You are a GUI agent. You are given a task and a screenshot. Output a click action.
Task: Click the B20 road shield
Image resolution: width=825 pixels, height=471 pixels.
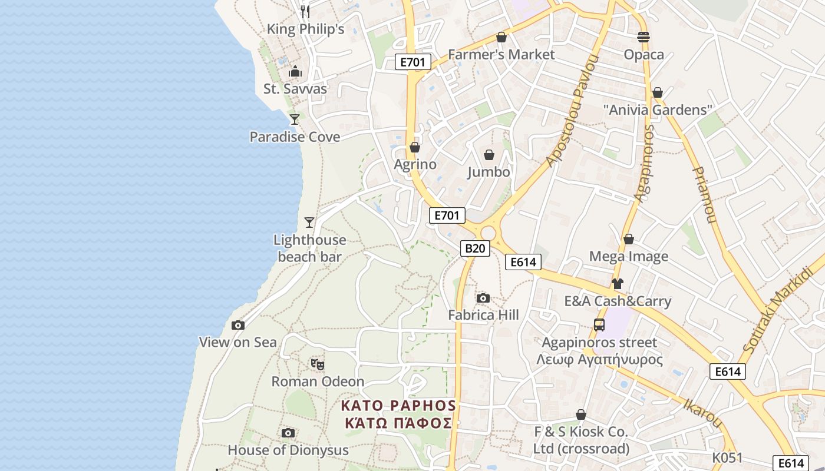pyautogui.click(x=475, y=248)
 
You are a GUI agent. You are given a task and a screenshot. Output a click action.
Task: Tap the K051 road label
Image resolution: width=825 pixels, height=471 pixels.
pyautogui.click(x=727, y=457)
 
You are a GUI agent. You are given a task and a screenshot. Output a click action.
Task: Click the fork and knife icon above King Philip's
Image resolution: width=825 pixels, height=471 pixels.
pyautogui.click(x=305, y=11)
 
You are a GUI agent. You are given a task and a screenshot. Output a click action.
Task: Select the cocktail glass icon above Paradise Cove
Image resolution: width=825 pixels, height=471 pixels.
pyautogui.click(x=294, y=120)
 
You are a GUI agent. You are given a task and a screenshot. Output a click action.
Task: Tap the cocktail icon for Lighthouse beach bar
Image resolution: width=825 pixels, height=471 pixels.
pyautogui.click(x=309, y=222)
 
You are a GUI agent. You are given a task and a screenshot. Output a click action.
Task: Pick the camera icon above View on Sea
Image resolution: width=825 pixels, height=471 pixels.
pyautogui.click(x=237, y=325)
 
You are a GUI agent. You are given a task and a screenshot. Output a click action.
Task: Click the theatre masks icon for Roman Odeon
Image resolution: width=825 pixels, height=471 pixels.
pyautogui.click(x=318, y=364)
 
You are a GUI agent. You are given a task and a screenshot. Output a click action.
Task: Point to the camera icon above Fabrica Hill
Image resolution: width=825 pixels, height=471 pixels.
pyautogui.click(x=483, y=298)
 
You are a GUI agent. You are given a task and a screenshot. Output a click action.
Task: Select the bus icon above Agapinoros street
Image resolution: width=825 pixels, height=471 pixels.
pyautogui.click(x=599, y=325)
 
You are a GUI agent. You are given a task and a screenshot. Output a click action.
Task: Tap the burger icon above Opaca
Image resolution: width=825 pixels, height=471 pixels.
pyautogui.click(x=643, y=37)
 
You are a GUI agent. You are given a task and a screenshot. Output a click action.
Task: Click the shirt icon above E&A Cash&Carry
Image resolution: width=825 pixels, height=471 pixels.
pyautogui.click(x=617, y=284)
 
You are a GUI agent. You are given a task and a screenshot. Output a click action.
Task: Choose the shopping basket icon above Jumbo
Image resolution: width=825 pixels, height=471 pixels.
pyautogui.click(x=489, y=155)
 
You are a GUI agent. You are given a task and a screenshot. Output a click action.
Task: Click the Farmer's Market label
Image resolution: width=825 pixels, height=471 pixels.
pyautogui.click(x=501, y=55)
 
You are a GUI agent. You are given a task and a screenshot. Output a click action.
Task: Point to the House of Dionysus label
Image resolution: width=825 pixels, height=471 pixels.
pyautogui.click(x=288, y=450)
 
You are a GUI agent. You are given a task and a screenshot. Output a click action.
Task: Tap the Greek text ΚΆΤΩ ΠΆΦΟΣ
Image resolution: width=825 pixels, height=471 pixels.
pyautogui.click(x=399, y=423)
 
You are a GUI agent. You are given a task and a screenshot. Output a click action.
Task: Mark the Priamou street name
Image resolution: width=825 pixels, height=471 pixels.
pyautogui.click(x=704, y=195)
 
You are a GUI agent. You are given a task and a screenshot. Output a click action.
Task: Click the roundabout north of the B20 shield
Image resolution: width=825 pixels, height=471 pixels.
pyautogui.click(x=489, y=233)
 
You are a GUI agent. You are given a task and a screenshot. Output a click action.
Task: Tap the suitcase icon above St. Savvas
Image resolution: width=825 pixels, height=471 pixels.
pyautogui.click(x=295, y=72)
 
